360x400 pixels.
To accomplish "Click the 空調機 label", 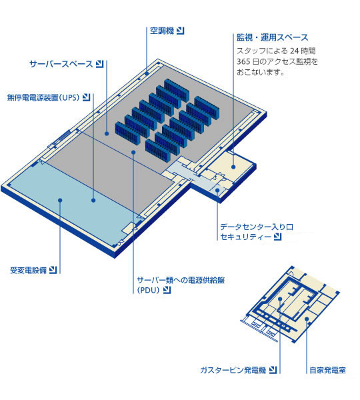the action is [162, 31].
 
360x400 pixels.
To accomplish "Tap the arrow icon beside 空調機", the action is [181, 31].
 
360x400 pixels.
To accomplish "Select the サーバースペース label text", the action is [61, 64].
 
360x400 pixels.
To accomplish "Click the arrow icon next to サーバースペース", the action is [100, 64].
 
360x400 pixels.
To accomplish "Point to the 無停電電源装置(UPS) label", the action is [43, 97].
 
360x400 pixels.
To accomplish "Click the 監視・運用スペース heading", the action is [273, 37].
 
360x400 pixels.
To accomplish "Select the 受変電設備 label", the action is [28, 270].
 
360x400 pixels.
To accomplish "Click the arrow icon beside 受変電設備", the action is [53, 270].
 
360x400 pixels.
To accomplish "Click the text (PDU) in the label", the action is [148, 290].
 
